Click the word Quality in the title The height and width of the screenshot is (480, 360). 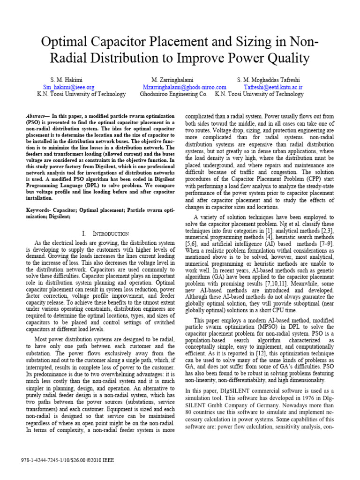(286, 59)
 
